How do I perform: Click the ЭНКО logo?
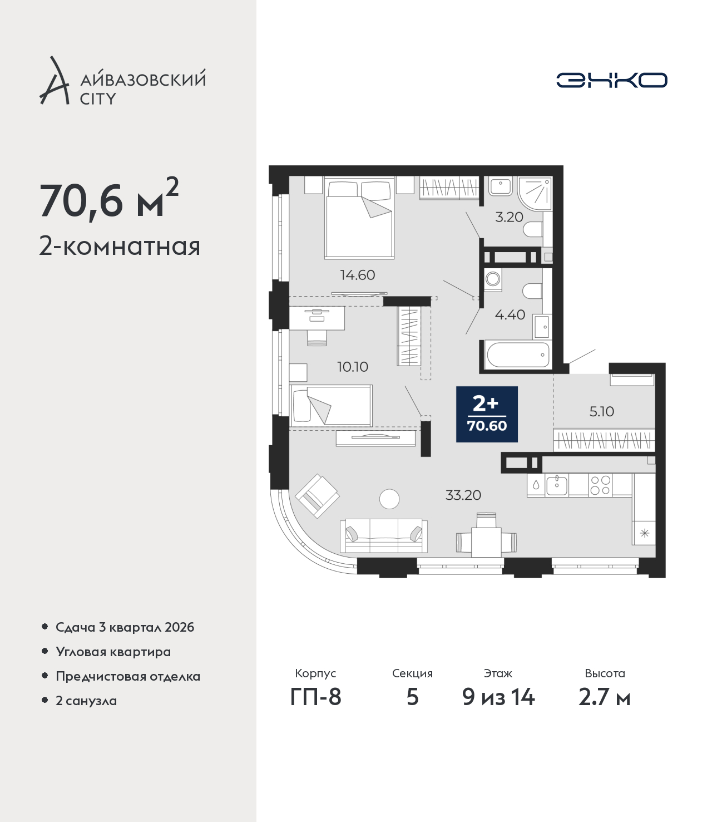coord(611,80)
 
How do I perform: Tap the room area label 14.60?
coord(358,275)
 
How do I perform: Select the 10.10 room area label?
coord(353,367)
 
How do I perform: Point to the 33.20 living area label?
coord(463,495)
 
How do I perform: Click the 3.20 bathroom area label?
coord(509,217)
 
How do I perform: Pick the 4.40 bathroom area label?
coord(510,315)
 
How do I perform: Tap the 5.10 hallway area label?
coord(601,412)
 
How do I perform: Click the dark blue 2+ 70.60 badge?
coord(487,414)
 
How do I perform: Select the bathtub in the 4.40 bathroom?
coord(518,355)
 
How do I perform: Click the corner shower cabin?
coord(535,194)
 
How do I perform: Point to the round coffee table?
coord(389,499)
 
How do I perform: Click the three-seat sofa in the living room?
coord(384,536)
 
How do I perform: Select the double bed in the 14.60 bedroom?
coord(359,218)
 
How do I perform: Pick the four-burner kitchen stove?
coord(600,485)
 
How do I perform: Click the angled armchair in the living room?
coord(317,496)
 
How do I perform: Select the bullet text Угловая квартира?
coord(113,652)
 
